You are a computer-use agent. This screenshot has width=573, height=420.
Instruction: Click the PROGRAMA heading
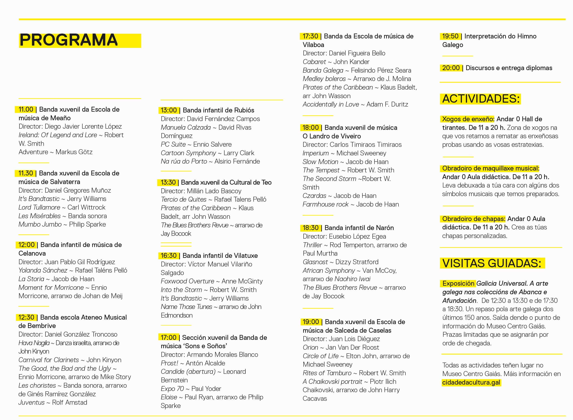69,40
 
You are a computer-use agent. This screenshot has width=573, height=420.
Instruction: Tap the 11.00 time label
26,110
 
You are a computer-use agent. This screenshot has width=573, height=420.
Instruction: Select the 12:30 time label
26,317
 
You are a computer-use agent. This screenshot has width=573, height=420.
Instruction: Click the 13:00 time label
169,110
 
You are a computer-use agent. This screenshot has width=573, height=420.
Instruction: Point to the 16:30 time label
169,256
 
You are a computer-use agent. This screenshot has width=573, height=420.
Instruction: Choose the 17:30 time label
310,36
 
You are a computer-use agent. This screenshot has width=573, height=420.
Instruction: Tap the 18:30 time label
310,228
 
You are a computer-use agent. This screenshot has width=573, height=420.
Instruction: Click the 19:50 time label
450,36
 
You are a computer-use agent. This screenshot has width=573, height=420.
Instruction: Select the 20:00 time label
451,68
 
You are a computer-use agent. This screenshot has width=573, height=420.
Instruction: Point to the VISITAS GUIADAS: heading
491,263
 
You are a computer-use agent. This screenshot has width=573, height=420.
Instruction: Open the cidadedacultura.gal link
471,382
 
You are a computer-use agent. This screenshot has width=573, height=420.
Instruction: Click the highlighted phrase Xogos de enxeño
468,119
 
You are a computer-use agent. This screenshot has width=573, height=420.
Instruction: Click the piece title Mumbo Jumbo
40,225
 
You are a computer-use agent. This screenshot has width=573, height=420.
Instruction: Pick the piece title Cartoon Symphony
188,153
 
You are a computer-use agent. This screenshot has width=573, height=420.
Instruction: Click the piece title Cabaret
314,62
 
